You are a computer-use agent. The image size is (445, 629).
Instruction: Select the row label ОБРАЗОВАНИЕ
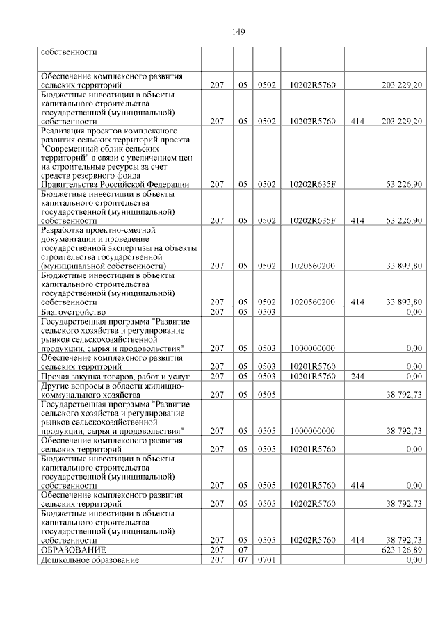click(x=68, y=550)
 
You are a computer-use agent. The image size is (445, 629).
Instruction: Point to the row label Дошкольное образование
click(x=90, y=560)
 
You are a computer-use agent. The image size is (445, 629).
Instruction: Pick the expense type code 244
click(x=358, y=376)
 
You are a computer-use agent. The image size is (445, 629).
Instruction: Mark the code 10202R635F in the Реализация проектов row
click(x=312, y=184)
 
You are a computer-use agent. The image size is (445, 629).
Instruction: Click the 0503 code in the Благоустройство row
click(x=267, y=312)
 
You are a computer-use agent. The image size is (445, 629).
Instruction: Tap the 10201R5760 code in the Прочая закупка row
click(x=312, y=376)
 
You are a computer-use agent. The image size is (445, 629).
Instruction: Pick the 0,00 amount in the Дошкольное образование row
click(x=414, y=560)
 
